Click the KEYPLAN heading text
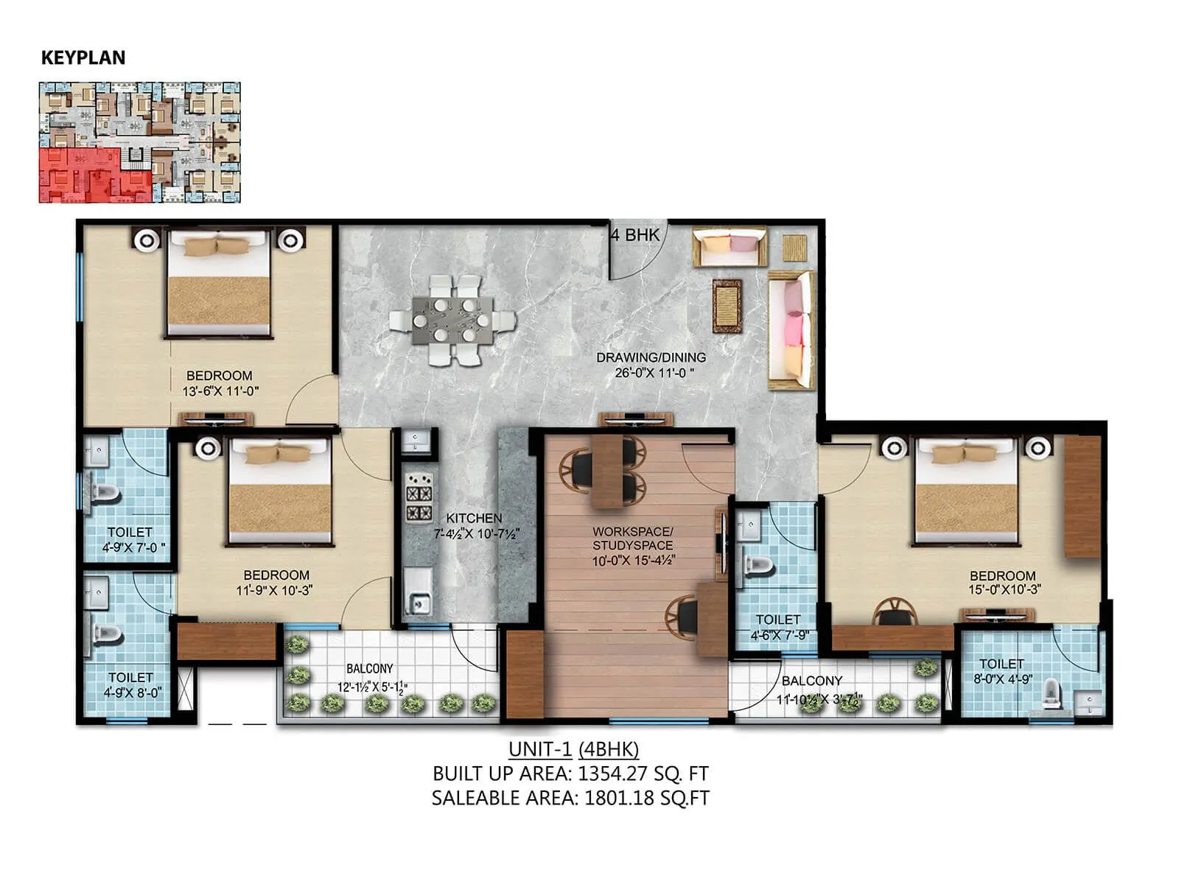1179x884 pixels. click(x=83, y=57)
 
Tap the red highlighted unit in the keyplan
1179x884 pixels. click(x=81, y=175)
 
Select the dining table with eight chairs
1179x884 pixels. click(x=452, y=320)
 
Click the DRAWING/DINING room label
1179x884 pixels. click(x=651, y=357)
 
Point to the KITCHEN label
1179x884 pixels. click(x=474, y=518)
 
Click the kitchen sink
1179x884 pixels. click(x=419, y=604)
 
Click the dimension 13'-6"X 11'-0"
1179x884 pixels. click(x=220, y=392)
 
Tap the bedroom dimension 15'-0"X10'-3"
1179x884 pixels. click(x=1004, y=590)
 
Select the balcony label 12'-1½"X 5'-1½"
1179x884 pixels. click(x=371, y=687)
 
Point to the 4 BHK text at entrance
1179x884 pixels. click(x=635, y=235)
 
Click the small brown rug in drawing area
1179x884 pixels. click(x=727, y=306)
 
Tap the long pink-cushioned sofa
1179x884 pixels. click(x=791, y=330)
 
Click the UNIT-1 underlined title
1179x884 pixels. click(x=540, y=749)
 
